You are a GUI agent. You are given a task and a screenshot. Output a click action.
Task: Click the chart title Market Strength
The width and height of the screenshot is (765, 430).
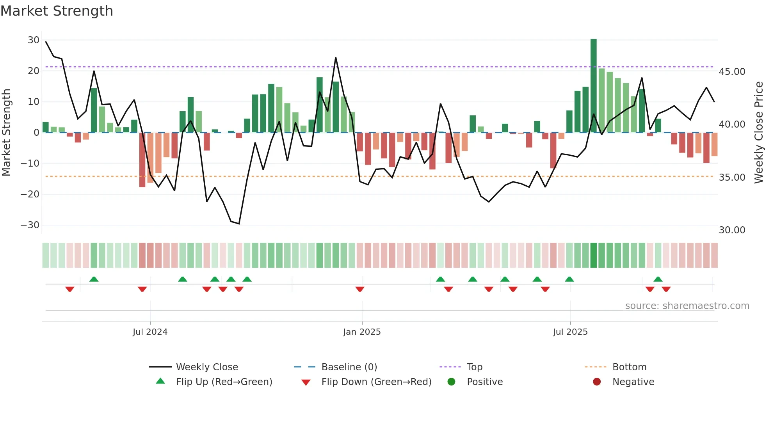point(57,11)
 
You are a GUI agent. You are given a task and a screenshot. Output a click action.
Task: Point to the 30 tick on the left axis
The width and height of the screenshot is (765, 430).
point(34,40)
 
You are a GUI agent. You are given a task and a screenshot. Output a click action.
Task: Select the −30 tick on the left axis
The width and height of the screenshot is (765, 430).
point(30,225)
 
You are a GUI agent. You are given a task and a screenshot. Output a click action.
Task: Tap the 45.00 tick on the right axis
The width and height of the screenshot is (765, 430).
point(732,72)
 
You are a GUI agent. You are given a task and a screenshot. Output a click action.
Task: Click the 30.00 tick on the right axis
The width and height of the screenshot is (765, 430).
point(732,230)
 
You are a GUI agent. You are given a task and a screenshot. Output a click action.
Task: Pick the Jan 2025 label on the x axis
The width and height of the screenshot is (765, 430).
point(362,332)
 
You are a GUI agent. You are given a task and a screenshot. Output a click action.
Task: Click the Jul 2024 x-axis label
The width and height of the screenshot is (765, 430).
point(150,332)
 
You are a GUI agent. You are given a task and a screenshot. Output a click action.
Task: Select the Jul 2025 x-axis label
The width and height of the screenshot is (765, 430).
point(570,332)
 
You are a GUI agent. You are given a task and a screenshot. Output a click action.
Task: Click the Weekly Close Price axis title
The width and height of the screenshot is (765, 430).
point(758,133)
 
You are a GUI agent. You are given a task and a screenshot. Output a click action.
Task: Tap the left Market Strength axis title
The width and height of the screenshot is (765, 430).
point(6,133)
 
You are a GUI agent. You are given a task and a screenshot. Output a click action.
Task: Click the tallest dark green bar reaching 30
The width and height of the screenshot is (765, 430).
point(593,86)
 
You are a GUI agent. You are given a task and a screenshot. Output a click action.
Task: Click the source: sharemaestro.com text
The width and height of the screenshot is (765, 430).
point(687,306)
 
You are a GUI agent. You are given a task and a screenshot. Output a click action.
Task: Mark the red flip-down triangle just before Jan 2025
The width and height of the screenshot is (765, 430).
point(360,289)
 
